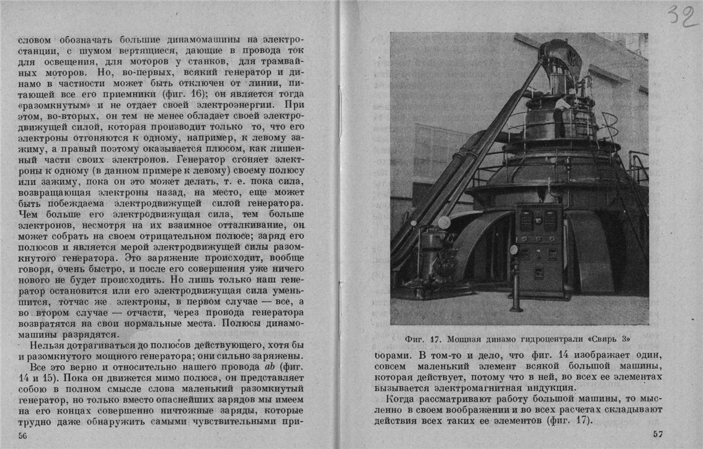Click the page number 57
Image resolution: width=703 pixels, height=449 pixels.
click(658, 433)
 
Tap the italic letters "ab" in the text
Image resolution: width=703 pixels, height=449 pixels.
click(270, 367)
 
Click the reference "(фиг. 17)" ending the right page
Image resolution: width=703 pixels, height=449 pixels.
click(570, 421)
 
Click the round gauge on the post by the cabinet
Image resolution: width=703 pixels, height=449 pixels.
click(513, 249)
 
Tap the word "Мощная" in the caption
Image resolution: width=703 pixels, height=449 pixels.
click(463, 339)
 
